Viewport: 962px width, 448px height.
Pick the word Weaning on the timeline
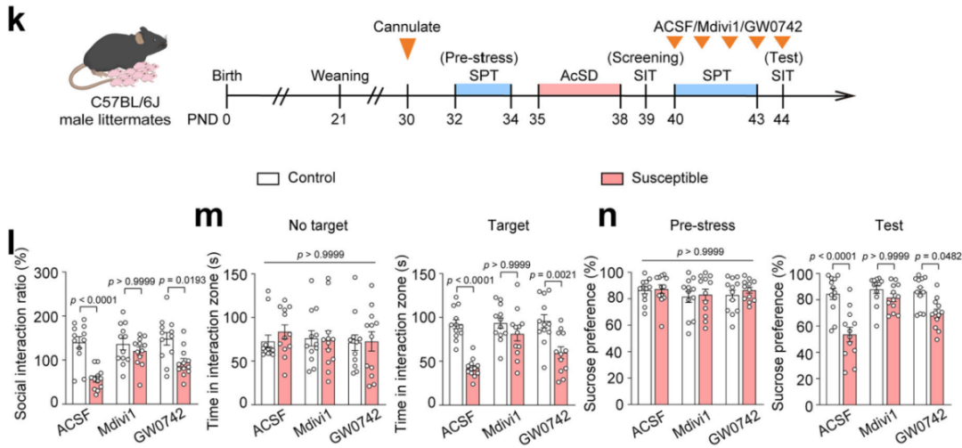coord(339,75)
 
